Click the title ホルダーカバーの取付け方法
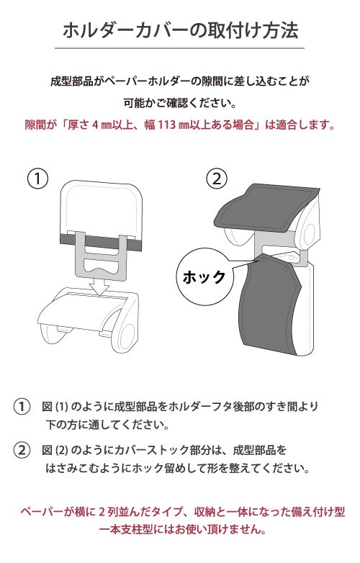[x=180, y=30]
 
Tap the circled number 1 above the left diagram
[x=37, y=179]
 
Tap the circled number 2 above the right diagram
[x=217, y=179]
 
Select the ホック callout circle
[x=204, y=277]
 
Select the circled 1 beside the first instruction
[x=22, y=407]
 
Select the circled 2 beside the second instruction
[x=22, y=449]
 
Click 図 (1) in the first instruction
[x=55, y=407]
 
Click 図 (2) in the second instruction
[x=55, y=449]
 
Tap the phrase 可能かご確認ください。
[x=180, y=103]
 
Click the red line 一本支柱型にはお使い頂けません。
[x=182, y=529]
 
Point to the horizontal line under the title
[x=179, y=48]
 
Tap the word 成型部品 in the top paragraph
[x=72, y=81]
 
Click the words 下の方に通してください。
[x=107, y=425]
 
